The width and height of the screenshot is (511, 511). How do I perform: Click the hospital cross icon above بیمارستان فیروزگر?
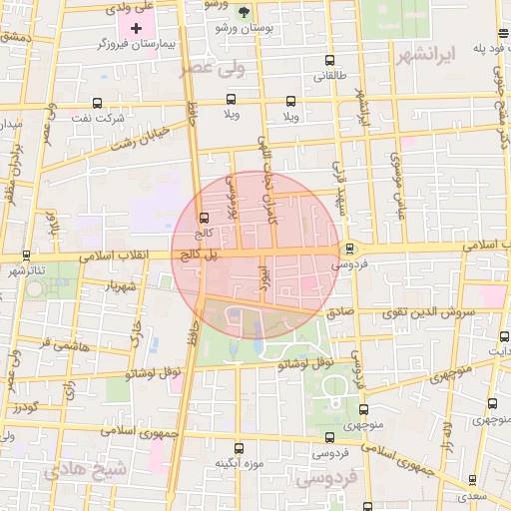pyautogui.click(x=137, y=27)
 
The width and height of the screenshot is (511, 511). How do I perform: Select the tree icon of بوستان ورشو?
pyautogui.click(x=246, y=12)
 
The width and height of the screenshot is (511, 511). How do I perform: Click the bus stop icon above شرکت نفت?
pyautogui.click(x=97, y=102)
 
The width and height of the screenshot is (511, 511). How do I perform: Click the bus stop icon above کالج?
pyautogui.click(x=205, y=218)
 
